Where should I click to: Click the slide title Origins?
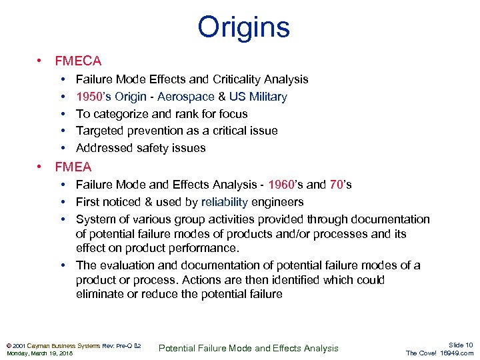click(x=243, y=28)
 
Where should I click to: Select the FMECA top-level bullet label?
click(x=78, y=61)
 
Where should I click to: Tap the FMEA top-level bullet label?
click(x=73, y=167)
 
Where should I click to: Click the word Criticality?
click(x=237, y=79)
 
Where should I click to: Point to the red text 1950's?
click(x=92, y=97)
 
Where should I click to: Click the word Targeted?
click(x=99, y=131)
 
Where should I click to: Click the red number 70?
click(x=337, y=185)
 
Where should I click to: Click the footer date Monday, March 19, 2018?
click(x=39, y=353)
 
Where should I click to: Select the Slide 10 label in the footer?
click(x=460, y=345)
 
